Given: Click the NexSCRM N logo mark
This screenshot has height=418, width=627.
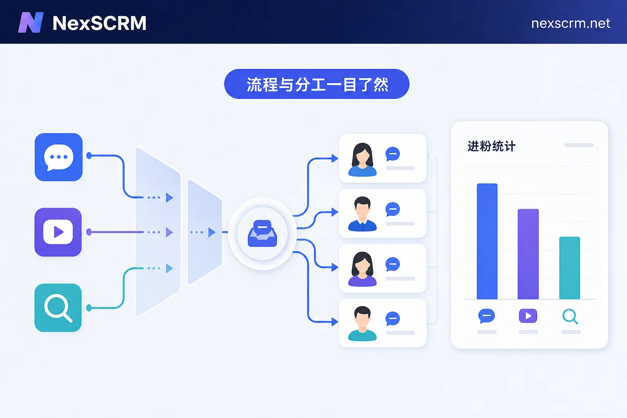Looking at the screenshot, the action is pyautogui.click(x=31, y=22).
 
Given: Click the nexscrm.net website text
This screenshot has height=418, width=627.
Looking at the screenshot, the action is pyautogui.click(x=570, y=24).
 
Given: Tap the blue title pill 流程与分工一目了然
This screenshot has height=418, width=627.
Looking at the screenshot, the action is pyautogui.click(x=317, y=84).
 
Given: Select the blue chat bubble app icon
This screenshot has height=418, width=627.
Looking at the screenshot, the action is pyautogui.click(x=58, y=157).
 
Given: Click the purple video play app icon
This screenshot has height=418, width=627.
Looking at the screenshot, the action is pyautogui.click(x=58, y=232).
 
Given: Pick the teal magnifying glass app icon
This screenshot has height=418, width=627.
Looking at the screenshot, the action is pyautogui.click(x=58, y=308).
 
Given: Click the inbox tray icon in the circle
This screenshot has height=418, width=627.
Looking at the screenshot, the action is pyautogui.click(x=262, y=233).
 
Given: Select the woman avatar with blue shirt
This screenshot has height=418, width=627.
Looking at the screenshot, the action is pyautogui.click(x=362, y=160).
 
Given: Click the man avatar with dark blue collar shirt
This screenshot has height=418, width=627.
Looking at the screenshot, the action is pyautogui.click(x=362, y=214).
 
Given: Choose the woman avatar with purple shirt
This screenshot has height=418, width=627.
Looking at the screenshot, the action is pyautogui.click(x=362, y=269).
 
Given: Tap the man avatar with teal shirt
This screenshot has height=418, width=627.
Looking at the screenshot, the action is pyautogui.click(x=362, y=324).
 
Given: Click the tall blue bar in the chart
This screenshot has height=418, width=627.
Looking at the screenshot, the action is pyautogui.click(x=487, y=241).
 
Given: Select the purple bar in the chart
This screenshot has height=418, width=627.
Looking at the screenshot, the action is pyautogui.click(x=528, y=254).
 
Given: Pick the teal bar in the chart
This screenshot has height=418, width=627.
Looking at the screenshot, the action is pyautogui.click(x=569, y=268).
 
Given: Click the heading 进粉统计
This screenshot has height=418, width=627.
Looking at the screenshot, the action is pyautogui.click(x=491, y=146).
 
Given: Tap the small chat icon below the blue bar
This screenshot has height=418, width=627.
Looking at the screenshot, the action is pyautogui.click(x=487, y=316).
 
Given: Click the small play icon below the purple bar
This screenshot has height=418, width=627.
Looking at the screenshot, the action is pyautogui.click(x=528, y=316).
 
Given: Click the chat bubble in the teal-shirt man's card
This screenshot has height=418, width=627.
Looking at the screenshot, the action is pyautogui.click(x=392, y=319).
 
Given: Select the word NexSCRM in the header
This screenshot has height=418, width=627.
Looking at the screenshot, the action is pyautogui.click(x=99, y=23).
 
